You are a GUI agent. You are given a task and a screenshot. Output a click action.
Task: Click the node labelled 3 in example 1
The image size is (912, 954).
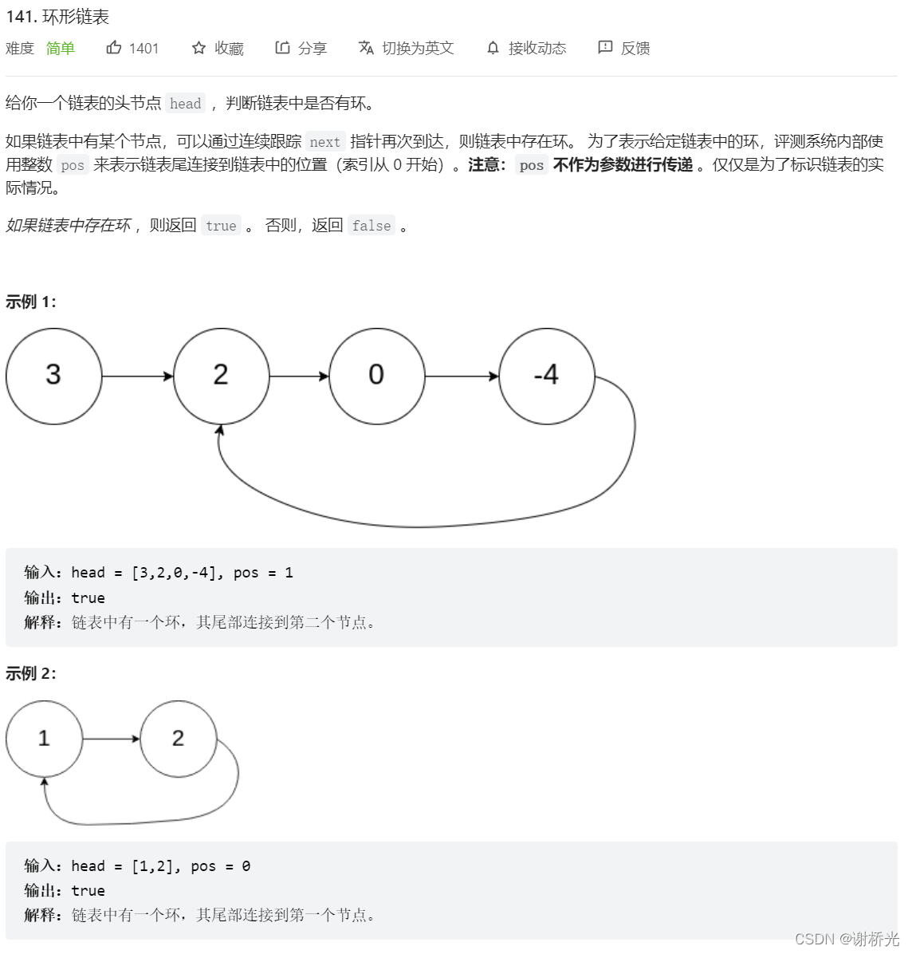tap(53, 376)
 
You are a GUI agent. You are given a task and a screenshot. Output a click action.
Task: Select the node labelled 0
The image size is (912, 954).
tap(376, 376)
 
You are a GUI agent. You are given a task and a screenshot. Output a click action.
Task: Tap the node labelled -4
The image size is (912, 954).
tap(547, 376)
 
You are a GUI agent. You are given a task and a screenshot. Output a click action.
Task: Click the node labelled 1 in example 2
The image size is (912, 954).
tap(44, 739)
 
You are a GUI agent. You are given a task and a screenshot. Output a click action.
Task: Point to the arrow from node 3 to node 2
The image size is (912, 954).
tap(137, 376)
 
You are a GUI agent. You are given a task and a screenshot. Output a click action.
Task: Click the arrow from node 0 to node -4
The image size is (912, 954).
tap(462, 376)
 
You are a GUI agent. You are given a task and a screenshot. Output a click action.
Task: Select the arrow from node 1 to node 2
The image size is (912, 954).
tap(111, 739)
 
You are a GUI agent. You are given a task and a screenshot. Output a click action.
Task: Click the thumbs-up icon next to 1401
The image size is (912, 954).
tap(114, 48)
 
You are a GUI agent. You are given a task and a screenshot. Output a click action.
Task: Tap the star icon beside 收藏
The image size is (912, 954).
tap(199, 49)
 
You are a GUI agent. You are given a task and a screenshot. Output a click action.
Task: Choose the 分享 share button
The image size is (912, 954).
tap(301, 49)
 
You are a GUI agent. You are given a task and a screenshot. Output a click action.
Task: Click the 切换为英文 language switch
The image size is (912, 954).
tap(407, 49)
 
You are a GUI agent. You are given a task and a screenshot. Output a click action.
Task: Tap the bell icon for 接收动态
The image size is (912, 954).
tap(493, 49)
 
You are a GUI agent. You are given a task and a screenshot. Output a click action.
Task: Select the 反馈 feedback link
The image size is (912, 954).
tap(624, 49)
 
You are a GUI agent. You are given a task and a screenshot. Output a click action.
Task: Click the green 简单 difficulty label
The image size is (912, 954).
tap(61, 49)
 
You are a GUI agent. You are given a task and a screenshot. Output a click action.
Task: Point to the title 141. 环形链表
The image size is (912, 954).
tap(57, 17)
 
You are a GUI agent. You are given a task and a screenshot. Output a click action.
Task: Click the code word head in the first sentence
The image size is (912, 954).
tap(186, 104)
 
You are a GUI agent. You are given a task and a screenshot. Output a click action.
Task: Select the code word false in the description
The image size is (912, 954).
tap(371, 226)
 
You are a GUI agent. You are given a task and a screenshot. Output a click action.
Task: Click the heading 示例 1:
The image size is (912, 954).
tap(31, 302)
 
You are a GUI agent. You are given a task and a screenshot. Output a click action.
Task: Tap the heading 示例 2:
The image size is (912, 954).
tap(31, 673)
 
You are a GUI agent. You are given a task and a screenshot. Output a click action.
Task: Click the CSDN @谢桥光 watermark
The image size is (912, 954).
tap(847, 939)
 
